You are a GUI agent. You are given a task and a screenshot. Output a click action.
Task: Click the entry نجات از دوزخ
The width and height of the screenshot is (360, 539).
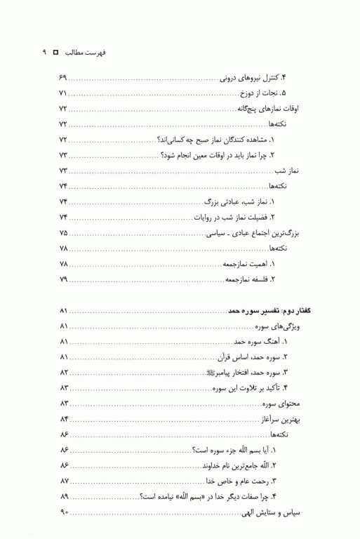273,93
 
